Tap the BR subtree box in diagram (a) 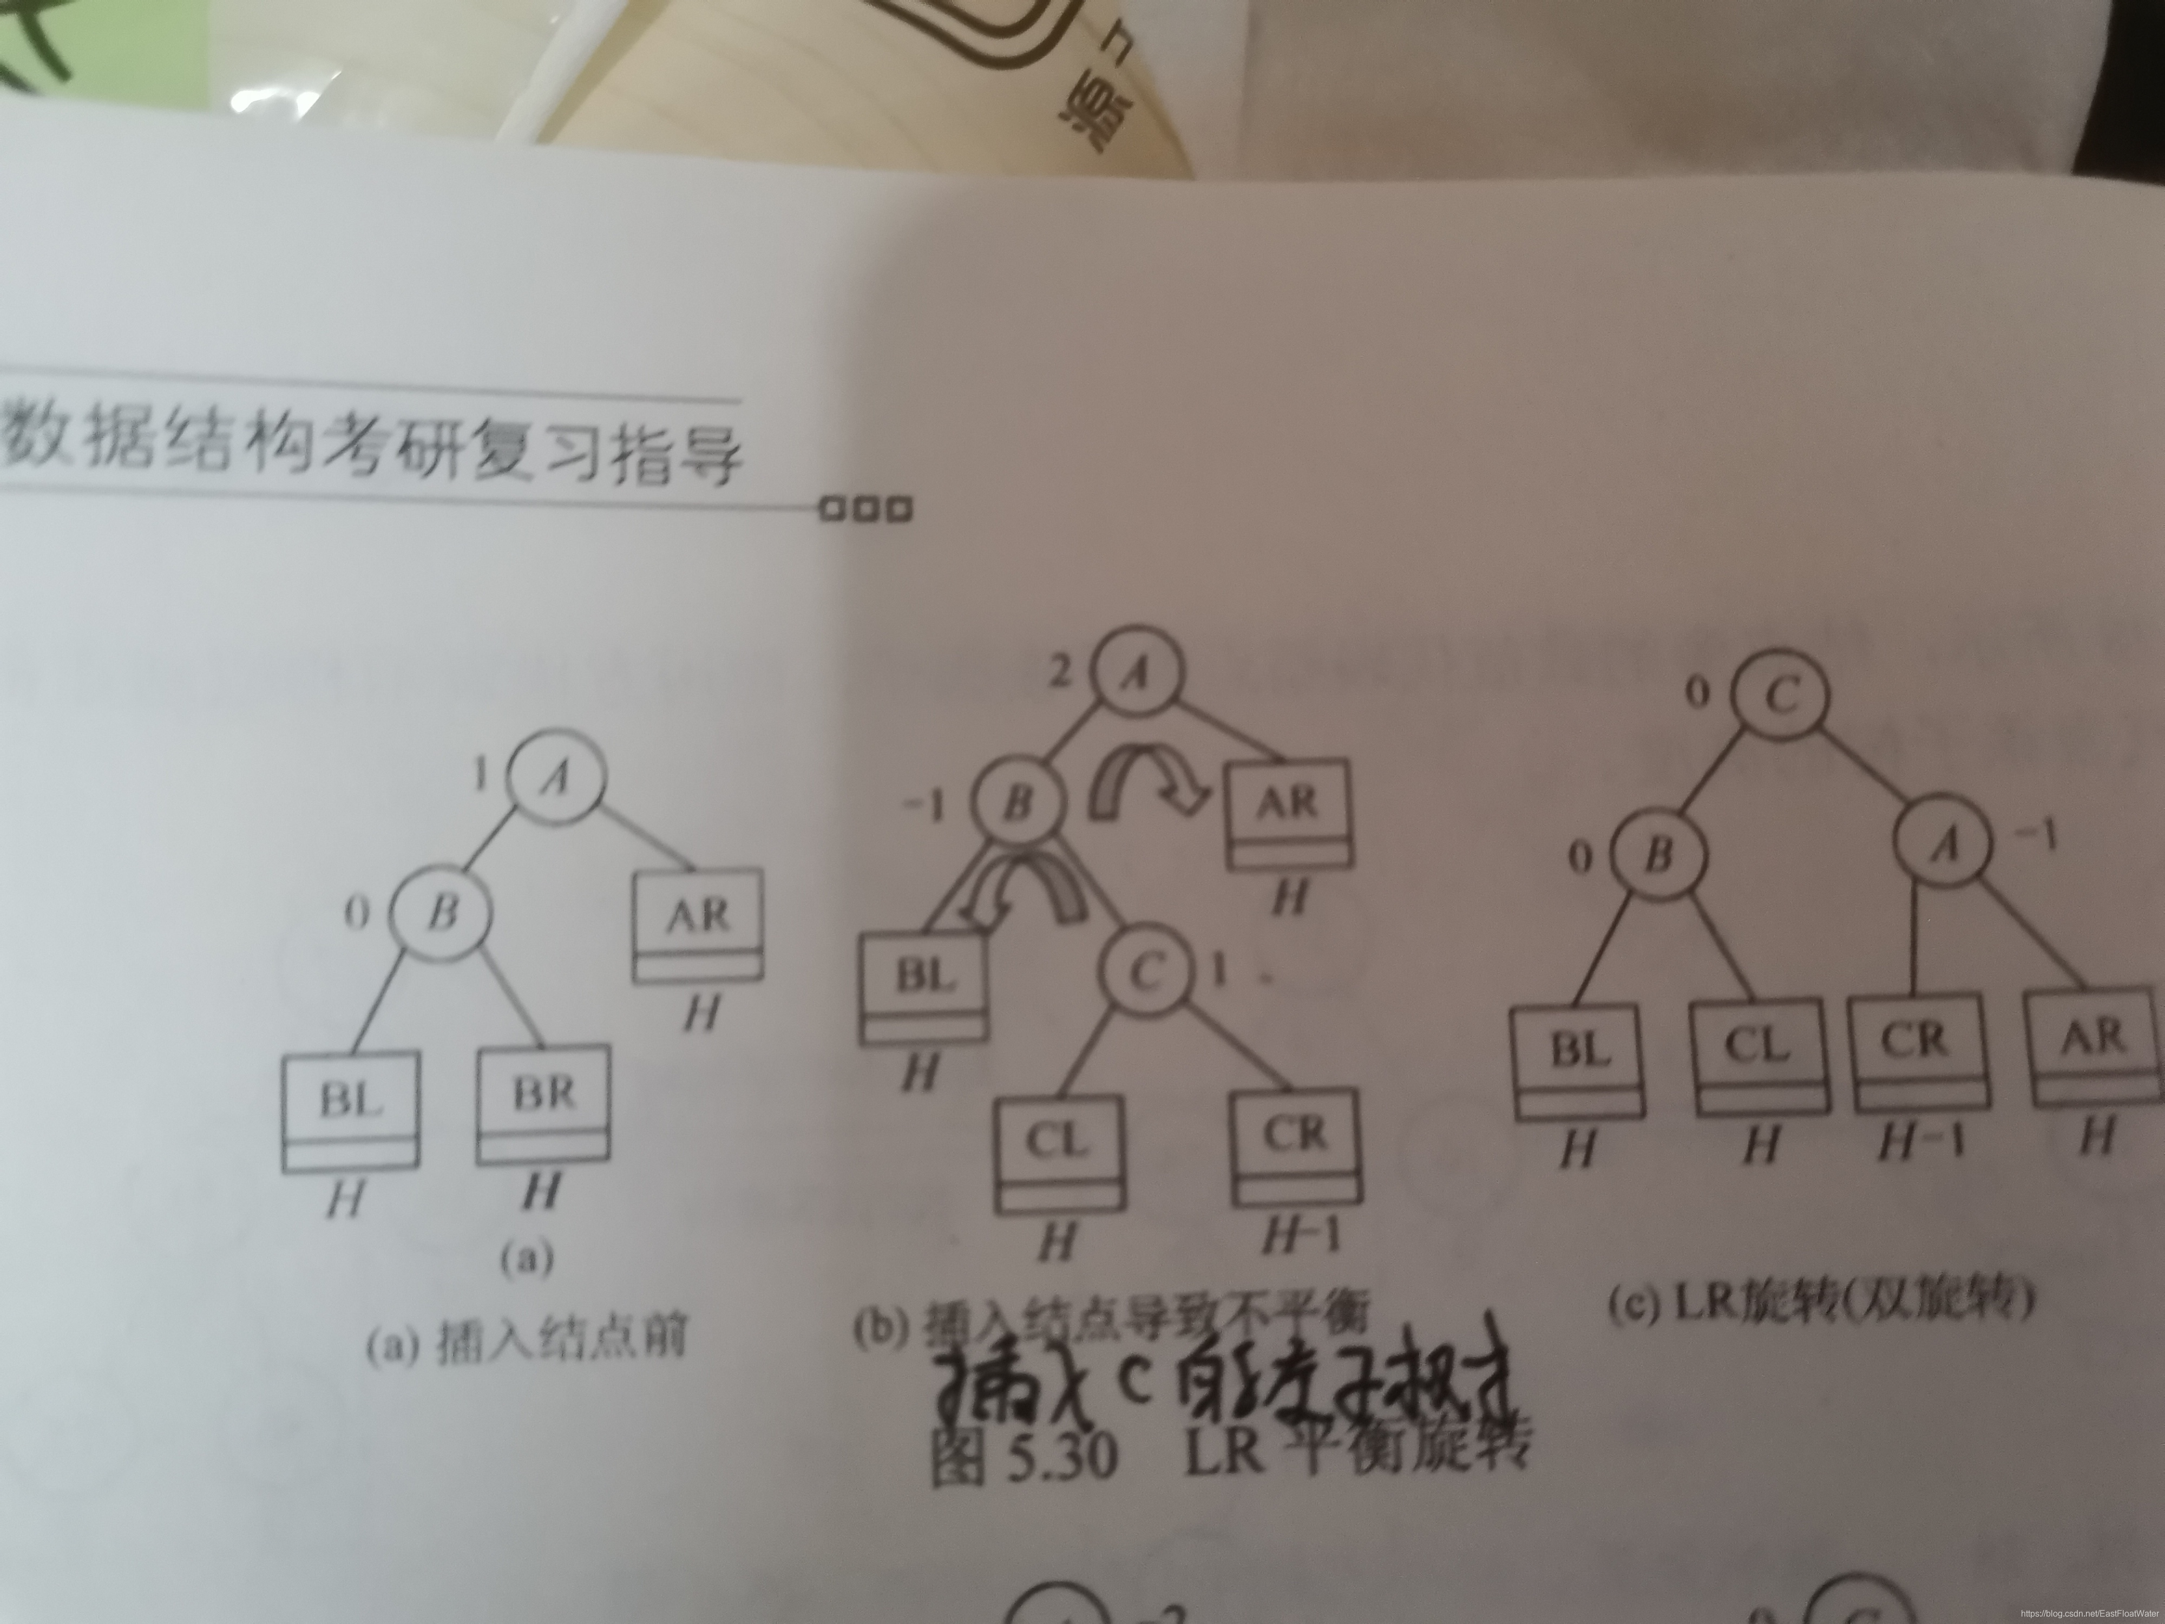pos(543,1104)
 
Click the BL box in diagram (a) pos(350,1111)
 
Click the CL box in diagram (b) pos(1059,1151)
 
